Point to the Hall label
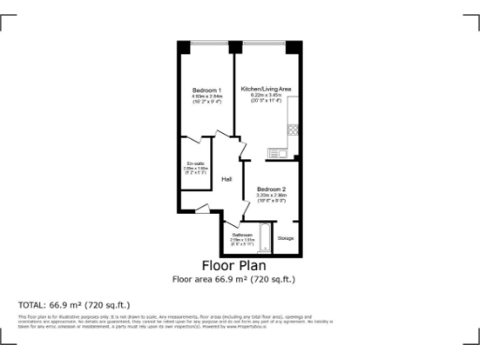pos(226,179)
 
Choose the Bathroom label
pos(243,234)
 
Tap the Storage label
pos(286,238)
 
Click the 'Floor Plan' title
pos(240,265)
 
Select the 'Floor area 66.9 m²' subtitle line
pos(240,278)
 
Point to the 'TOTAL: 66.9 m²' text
pos(74,305)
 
